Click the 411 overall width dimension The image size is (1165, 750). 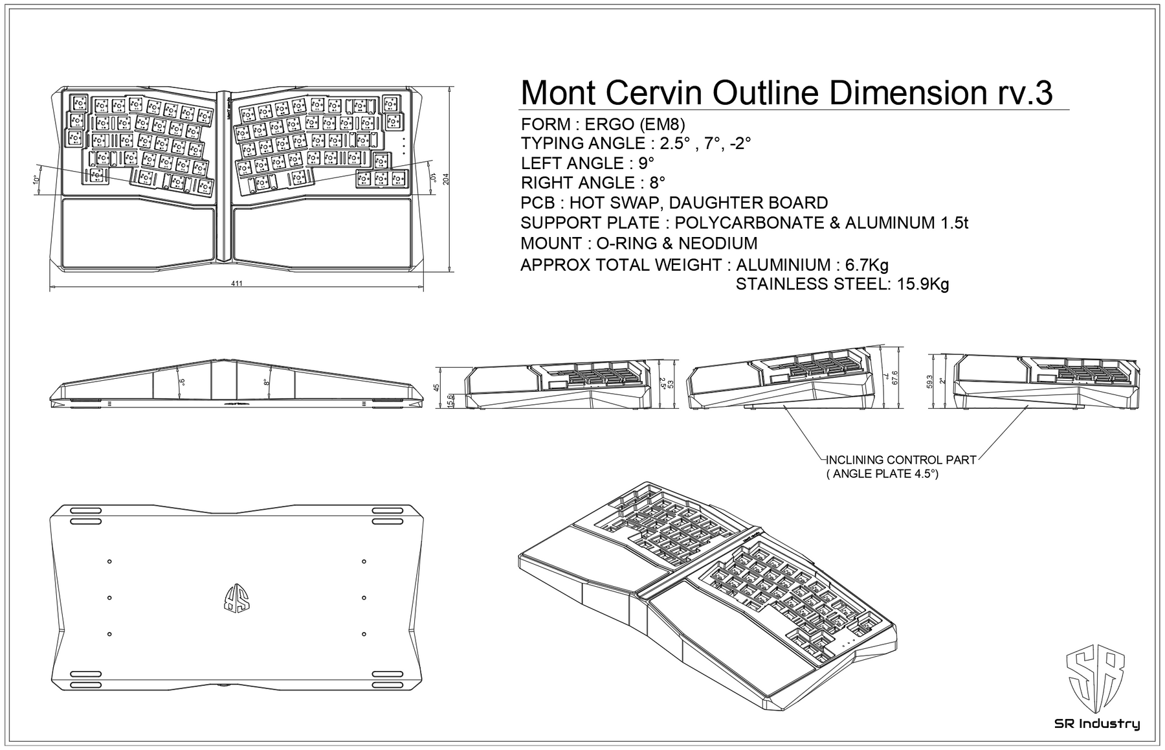click(x=237, y=284)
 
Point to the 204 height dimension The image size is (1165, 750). click(x=446, y=180)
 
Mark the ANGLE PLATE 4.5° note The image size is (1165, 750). click(x=883, y=474)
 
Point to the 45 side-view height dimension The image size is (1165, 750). click(x=436, y=387)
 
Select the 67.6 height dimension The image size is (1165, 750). click(x=895, y=378)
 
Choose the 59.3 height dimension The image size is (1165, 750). click(x=930, y=382)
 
